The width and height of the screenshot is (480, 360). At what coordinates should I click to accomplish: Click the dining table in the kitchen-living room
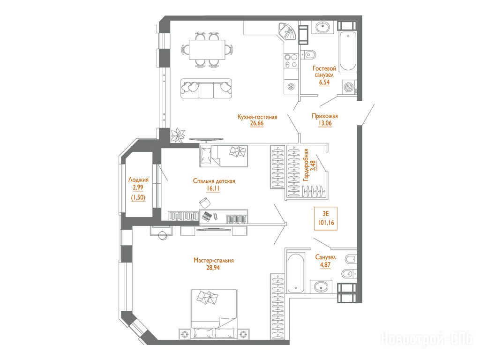click(x=207, y=50)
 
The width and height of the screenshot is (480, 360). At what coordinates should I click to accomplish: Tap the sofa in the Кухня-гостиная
click(x=206, y=88)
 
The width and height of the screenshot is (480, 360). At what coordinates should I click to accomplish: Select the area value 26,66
click(x=256, y=123)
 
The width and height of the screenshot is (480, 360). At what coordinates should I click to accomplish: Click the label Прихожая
click(x=325, y=116)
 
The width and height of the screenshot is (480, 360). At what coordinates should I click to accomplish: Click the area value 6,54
click(x=324, y=82)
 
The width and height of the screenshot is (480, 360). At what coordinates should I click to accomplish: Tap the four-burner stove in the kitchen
click(x=291, y=60)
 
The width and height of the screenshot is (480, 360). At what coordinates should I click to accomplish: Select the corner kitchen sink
click(x=288, y=32)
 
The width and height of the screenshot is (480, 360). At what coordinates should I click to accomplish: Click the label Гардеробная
click(x=306, y=165)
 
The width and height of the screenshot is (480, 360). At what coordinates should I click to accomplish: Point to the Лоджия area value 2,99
click(x=138, y=187)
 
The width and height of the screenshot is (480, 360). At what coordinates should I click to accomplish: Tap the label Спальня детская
click(x=214, y=181)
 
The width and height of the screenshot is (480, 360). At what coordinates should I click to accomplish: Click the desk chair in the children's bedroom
click(x=205, y=202)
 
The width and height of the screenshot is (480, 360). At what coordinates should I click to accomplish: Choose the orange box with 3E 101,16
click(x=326, y=218)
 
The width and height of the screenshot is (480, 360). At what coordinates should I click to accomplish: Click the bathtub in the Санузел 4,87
click(x=296, y=273)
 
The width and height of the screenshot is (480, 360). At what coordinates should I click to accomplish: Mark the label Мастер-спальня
click(x=213, y=261)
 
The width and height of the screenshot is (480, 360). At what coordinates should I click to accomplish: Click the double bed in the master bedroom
click(x=214, y=314)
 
